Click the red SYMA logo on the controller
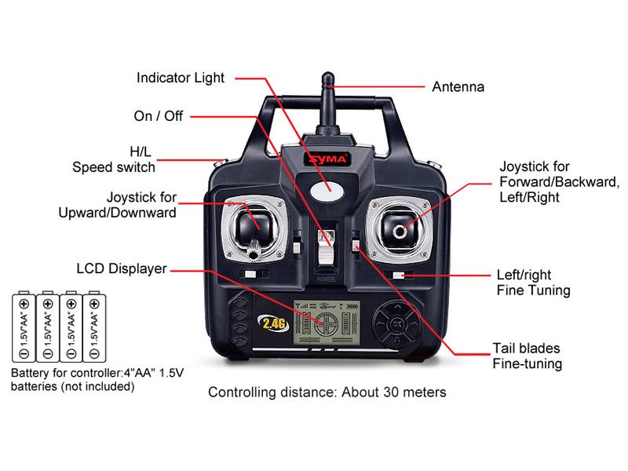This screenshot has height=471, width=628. click(x=328, y=159)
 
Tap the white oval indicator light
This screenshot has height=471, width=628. click(x=327, y=190)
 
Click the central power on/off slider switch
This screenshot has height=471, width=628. click(x=326, y=247)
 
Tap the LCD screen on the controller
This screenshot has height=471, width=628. click(x=326, y=323)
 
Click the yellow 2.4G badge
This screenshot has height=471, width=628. click(x=273, y=323)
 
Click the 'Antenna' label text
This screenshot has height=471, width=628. click(x=458, y=87)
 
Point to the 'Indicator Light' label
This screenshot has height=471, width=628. click(x=181, y=78)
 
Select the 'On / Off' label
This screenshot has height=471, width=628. click(x=159, y=116)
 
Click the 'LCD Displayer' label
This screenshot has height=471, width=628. click(x=122, y=268)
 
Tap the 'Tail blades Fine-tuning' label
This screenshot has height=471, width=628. click(x=527, y=356)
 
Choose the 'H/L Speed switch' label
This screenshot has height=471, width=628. click(x=114, y=159)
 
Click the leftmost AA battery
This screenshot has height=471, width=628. click(x=24, y=327)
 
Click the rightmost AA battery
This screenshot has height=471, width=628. click(x=94, y=327)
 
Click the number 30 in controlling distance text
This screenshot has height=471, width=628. click(x=391, y=392)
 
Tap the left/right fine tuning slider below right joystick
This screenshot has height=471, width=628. click(x=399, y=276)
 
